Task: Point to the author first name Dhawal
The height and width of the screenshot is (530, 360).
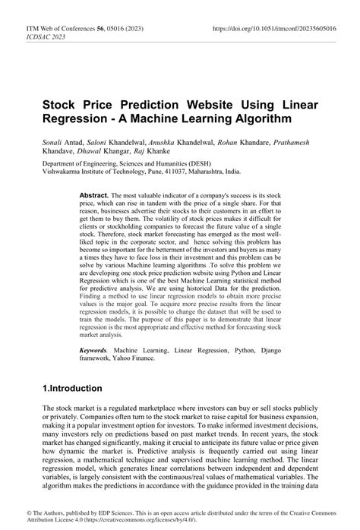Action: pos(92,152)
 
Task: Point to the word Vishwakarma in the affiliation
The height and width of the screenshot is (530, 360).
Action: pos(65,172)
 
